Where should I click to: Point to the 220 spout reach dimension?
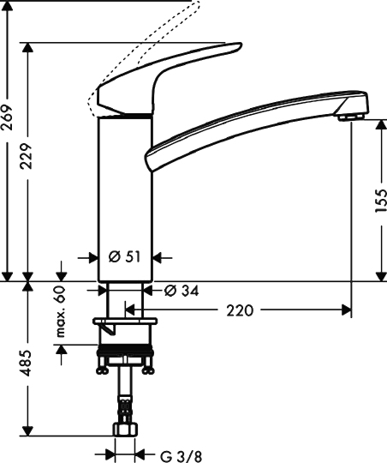pos(241,310)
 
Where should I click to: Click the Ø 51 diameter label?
pos(125,256)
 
